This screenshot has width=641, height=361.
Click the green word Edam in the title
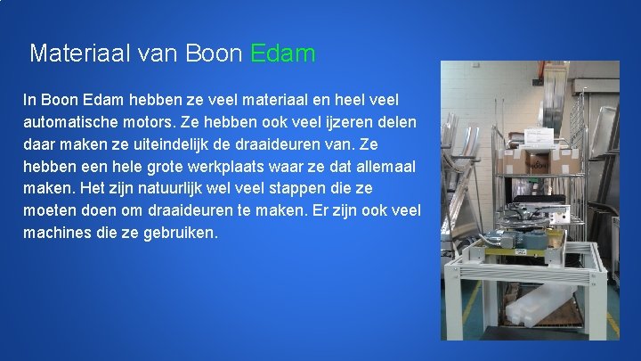point(283,53)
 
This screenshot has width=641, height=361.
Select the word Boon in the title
point(215,53)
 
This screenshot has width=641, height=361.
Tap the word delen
point(395,121)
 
